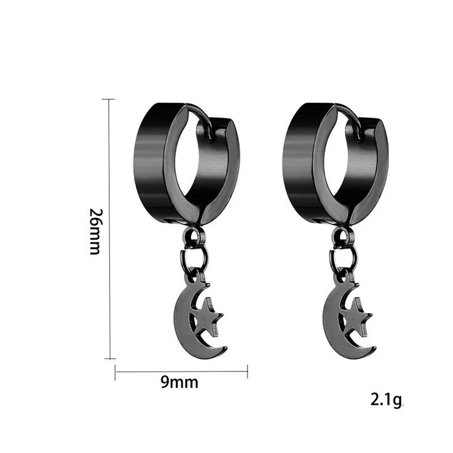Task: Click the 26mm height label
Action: (95, 231)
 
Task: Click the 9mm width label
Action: (180, 383)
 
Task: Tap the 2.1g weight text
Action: (386, 400)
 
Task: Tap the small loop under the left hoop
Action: (193, 236)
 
